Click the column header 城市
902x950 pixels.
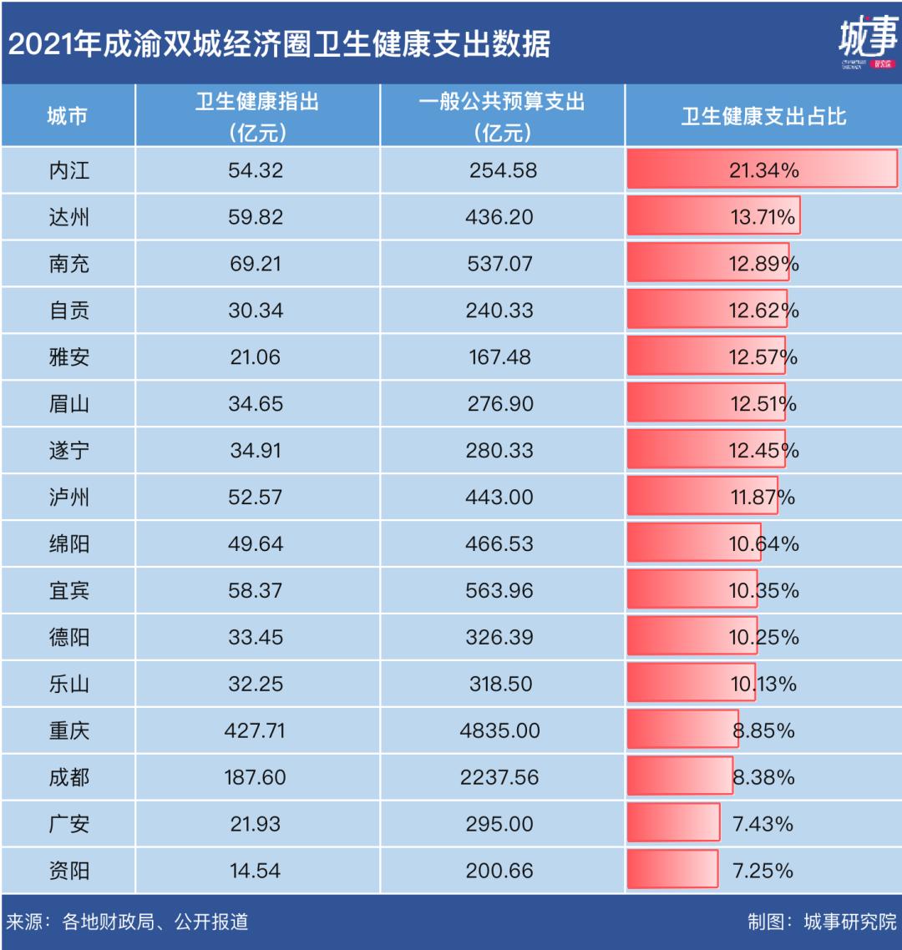(68, 116)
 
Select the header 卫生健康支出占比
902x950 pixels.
(763, 116)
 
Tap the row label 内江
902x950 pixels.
(69, 170)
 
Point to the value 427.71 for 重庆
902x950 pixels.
(255, 730)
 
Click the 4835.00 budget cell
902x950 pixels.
(500, 730)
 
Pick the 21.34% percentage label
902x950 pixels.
(763, 170)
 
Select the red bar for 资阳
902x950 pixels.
(673, 870)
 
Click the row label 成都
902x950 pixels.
(69, 777)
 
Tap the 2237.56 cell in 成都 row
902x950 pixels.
(500, 777)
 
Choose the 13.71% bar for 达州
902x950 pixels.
(714, 217)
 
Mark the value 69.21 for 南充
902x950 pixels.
(255, 264)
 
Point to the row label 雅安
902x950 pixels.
(69, 357)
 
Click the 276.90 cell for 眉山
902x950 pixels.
(500, 404)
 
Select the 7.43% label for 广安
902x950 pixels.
(763, 824)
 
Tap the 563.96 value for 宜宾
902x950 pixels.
(500, 591)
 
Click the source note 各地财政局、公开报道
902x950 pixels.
(155, 922)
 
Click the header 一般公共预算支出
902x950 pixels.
(501, 103)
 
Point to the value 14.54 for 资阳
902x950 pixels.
(255, 871)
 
